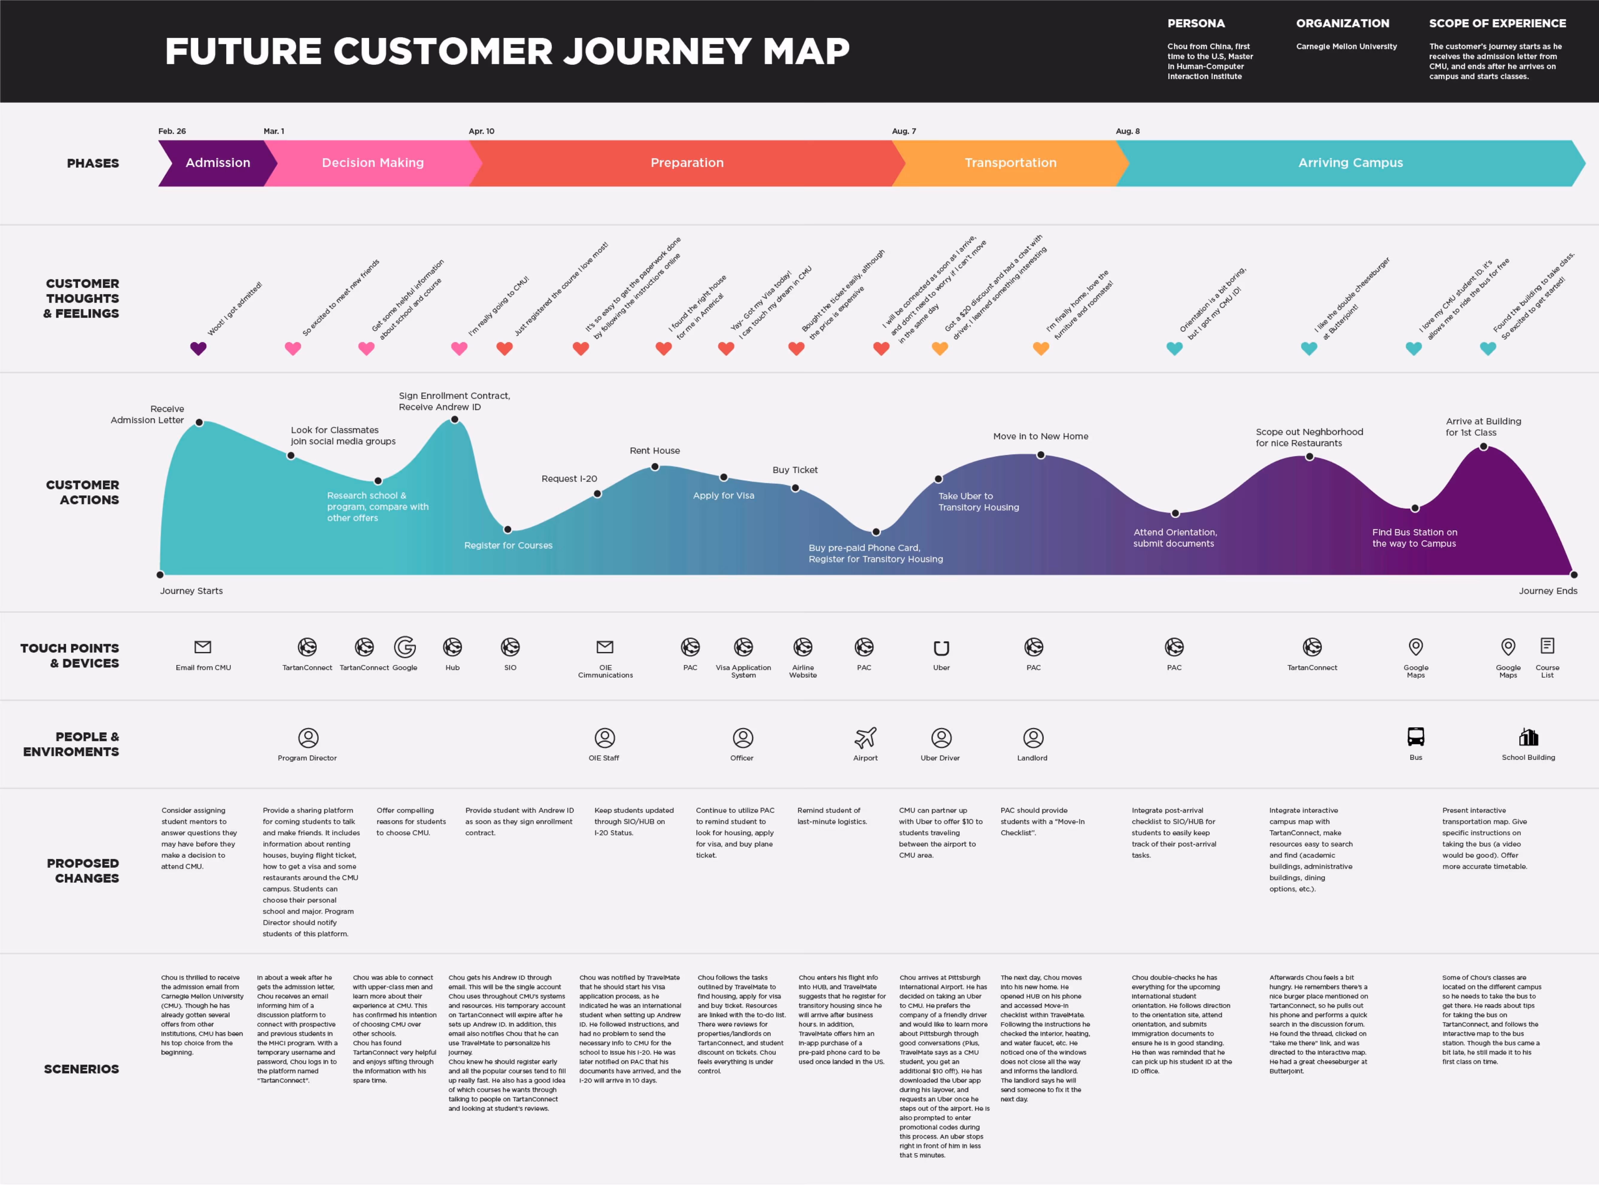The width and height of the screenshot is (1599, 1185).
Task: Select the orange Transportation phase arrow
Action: [1010, 163]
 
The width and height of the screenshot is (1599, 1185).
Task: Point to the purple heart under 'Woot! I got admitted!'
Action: [198, 349]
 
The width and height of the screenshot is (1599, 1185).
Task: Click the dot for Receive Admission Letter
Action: [199, 423]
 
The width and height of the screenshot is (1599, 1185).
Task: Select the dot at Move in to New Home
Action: [1040, 455]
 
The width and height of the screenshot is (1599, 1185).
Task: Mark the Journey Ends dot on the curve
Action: [1573, 575]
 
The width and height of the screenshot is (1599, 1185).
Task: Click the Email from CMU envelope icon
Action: [203, 647]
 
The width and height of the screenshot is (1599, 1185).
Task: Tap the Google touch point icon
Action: [405, 647]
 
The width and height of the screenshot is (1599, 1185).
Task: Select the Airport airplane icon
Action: [865, 737]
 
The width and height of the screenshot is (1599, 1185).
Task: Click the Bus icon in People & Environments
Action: [1415, 737]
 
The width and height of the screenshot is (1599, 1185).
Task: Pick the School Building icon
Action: [1528, 737]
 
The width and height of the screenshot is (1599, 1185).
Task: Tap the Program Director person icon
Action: [308, 737]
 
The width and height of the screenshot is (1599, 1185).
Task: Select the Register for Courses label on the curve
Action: [508, 545]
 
